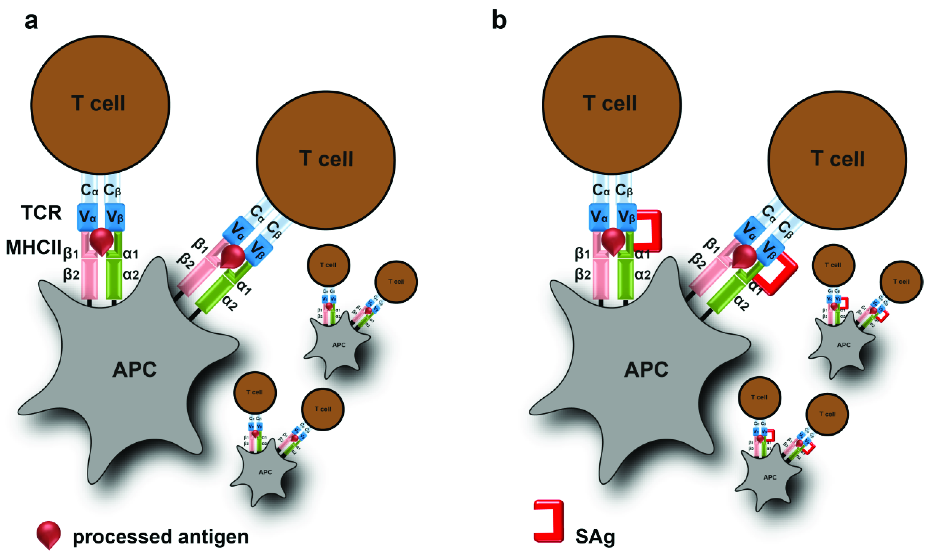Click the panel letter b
499,21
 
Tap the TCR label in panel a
41,213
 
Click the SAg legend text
595,536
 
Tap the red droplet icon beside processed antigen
48,534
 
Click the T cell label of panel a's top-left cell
98,103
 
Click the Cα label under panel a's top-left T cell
89,190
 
